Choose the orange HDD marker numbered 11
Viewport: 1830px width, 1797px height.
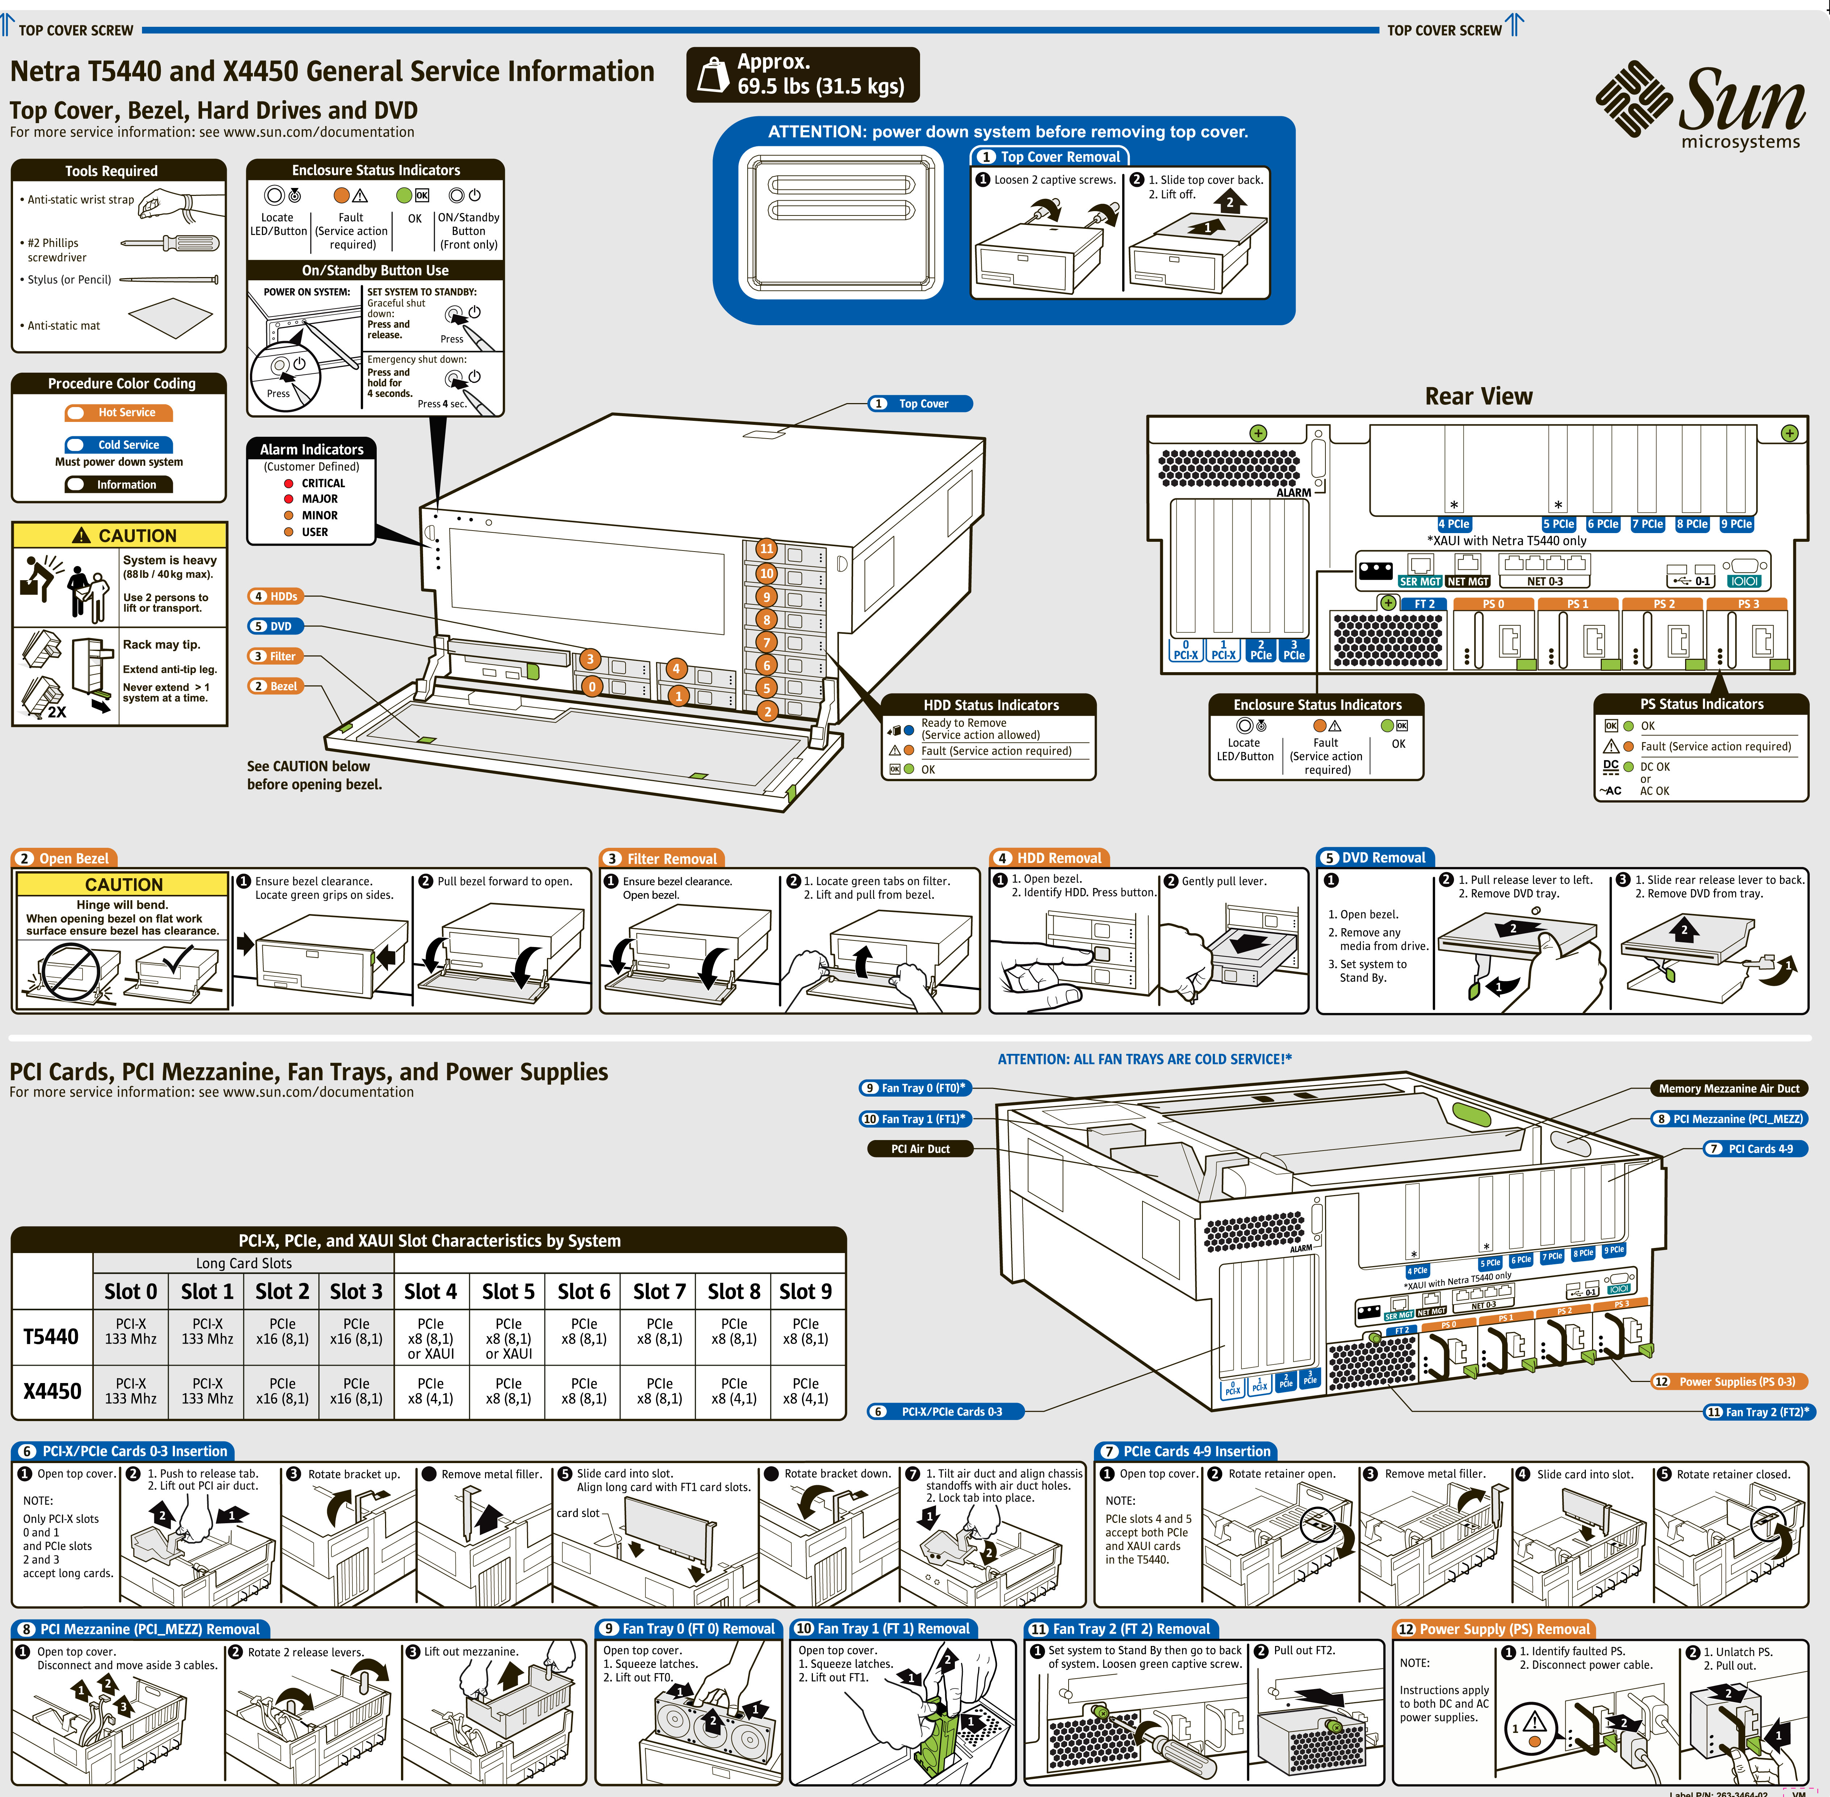pyautogui.click(x=766, y=548)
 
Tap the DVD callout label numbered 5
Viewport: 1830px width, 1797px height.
pyautogui.click(x=273, y=626)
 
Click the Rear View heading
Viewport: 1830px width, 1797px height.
pyautogui.click(x=1478, y=397)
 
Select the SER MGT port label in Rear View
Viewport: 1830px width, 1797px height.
pyautogui.click(x=1420, y=581)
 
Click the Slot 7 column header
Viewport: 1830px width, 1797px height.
pyautogui.click(x=659, y=1291)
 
